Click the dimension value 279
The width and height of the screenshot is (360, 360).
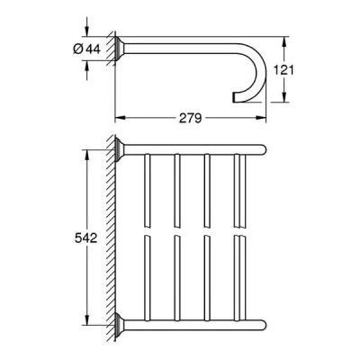(191, 118)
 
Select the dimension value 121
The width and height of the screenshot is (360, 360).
(283, 70)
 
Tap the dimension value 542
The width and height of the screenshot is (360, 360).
(85, 238)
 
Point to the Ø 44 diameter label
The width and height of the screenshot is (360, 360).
(86, 49)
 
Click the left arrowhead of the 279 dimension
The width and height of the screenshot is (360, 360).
(121, 118)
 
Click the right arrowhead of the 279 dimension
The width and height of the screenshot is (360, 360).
(261, 118)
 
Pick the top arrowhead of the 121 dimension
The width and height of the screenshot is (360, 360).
(283, 41)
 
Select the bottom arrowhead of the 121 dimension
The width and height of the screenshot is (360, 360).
(283, 97)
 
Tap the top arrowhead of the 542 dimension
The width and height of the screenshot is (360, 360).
(86, 155)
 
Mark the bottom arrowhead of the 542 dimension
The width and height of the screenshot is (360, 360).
(86, 319)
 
